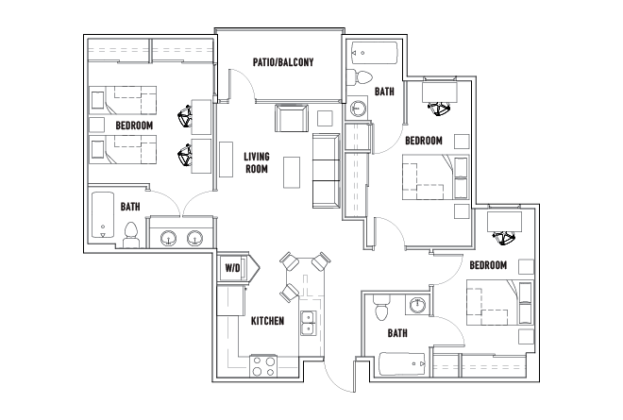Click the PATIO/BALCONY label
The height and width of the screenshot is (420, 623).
pyautogui.click(x=283, y=62)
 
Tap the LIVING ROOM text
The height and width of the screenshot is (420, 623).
pyautogui.click(x=257, y=162)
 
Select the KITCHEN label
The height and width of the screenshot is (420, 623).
pyautogui.click(x=267, y=321)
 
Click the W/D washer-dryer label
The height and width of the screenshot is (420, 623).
pyautogui.click(x=232, y=268)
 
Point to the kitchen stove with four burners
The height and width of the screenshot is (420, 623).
pyautogui.click(x=263, y=366)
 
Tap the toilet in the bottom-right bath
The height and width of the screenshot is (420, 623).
pyautogui.click(x=381, y=307)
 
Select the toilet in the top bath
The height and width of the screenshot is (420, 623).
pyautogui.click(x=360, y=77)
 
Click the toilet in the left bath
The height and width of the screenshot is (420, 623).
pyautogui.click(x=130, y=235)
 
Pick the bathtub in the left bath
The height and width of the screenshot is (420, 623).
pyautogui.click(x=103, y=215)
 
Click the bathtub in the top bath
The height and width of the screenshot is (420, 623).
pyautogui.click(x=375, y=53)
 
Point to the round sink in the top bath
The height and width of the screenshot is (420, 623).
pyautogui.click(x=359, y=108)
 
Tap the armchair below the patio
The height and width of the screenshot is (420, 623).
pyautogui.click(x=292, y=118)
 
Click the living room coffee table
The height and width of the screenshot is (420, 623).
pyautogui.click(x=292, y=172)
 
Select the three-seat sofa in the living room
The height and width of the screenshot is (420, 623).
pyautogui.click(x=326, y=171)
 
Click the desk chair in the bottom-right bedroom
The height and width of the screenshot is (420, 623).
pyautogui.click(x=505, y=238)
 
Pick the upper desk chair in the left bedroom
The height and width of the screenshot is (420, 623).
pyautogui.click(x=185, y=116)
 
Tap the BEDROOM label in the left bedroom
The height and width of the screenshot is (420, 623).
pyautogui.click(x=134, y=126)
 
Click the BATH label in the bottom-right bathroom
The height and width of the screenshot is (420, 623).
pyautogui.click(x=397, y=333)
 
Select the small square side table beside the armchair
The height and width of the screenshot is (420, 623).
pyautogui.click(x=325, y=118)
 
